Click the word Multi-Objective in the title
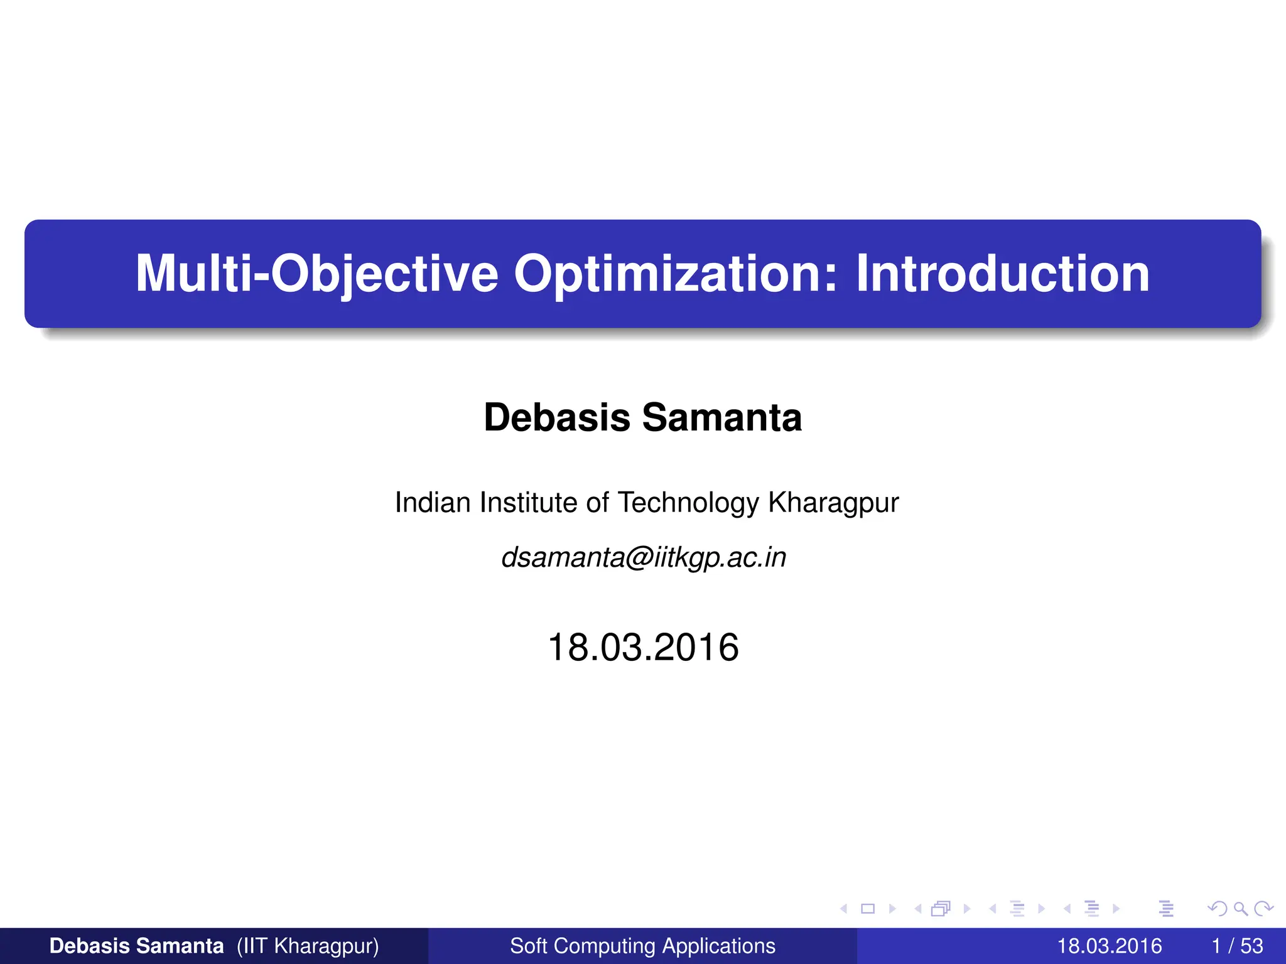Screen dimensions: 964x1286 [316, 274]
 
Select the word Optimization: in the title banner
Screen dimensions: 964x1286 [676, 274]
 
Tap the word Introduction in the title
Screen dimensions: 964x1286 [1002, 274]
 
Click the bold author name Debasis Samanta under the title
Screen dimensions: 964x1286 [642, 417]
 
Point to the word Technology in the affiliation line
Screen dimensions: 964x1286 [688, 503]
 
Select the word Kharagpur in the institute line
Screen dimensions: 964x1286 [833, 503]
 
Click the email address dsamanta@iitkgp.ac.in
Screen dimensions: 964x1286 [643, 557]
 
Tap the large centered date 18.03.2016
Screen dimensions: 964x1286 [643, 647]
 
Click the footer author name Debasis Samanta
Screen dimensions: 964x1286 [136, 946]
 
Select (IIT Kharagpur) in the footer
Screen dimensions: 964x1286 [308, 946]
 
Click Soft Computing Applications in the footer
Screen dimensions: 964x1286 [642, 946]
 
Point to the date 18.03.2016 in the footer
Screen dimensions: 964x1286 [1109, 946]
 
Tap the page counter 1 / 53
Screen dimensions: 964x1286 [1237, 946]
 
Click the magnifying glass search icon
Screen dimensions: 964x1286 [1240, 908]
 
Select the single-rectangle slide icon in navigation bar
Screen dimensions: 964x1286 [868, 908]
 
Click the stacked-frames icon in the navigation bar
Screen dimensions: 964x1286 [941, 908]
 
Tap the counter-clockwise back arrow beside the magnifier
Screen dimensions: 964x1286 [1218, 908]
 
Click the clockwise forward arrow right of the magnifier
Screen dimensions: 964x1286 [1263, 908]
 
